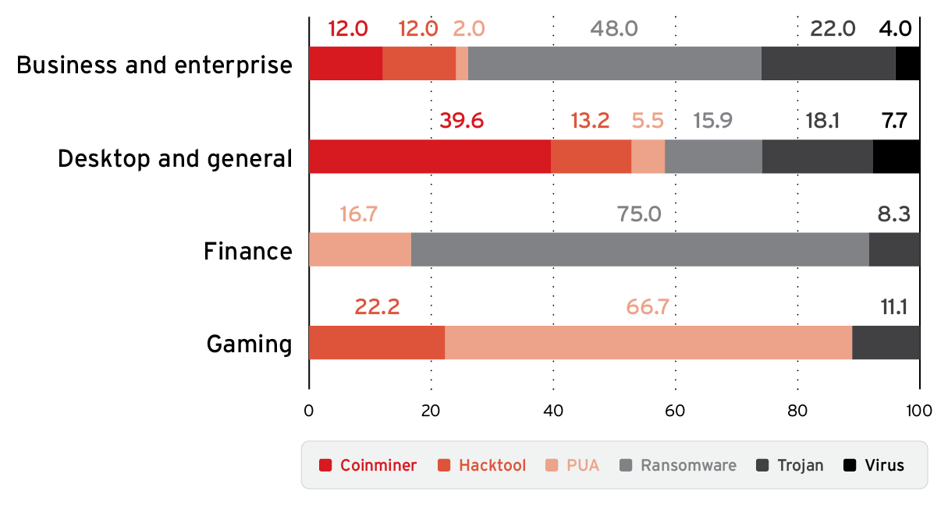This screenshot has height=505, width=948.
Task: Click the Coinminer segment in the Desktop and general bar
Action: [429, 156]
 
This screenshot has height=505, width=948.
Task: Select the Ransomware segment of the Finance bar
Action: [640, 249]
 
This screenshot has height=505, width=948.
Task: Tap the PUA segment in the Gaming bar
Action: [648, 343]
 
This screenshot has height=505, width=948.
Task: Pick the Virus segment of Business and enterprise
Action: [907, 63]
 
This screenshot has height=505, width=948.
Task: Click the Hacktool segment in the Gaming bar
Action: [377, 343]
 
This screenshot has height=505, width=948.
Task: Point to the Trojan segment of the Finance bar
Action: [894, 249]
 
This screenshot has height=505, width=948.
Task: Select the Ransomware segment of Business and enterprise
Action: [614, 63]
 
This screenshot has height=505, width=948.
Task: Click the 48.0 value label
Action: [614, 30]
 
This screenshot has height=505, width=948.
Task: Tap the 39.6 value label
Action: [461, 122]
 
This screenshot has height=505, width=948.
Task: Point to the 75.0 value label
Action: [639, 214]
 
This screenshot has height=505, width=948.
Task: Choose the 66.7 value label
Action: [648, 307]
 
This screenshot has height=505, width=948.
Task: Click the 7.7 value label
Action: [895, 122]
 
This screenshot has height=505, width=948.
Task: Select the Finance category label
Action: [248, 252]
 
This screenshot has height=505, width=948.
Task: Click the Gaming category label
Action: [250, 344]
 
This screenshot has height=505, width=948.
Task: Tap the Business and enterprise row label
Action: [154, 65]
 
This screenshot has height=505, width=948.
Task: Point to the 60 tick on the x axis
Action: [675, 411]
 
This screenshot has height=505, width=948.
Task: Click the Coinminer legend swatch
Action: [326, 465]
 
